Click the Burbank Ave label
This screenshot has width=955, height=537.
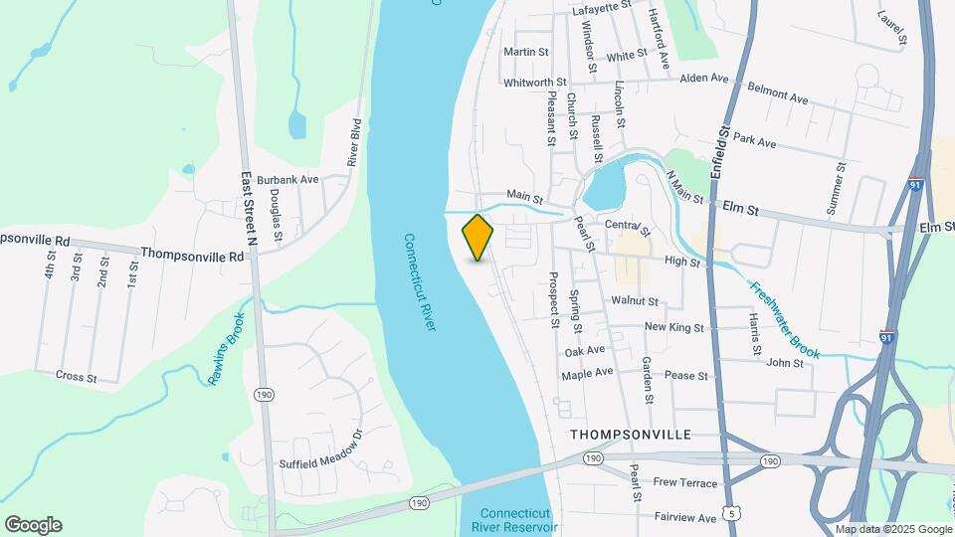coord(287,180)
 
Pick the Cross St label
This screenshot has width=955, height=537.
coord(76,378)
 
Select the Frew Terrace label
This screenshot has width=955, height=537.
coord(684,482)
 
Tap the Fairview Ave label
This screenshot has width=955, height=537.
coord(685,518)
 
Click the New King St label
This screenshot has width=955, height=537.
coord(674,327)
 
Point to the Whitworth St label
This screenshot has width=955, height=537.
coord(535,83)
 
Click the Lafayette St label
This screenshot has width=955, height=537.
coord(603,6)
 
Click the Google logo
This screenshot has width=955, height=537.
coord(33,524)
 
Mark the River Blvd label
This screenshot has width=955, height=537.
coord(353,142)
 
